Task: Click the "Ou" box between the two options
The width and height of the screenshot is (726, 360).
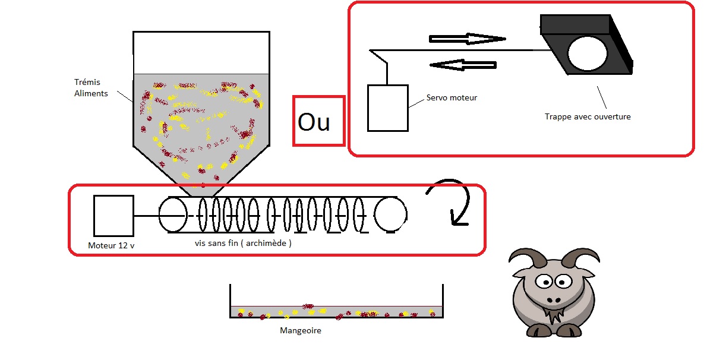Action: pyautogui.click(x=318, y=121)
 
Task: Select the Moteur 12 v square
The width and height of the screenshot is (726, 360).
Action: pyautogui.click(x=113, y=215)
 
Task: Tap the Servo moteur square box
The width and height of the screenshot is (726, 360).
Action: pyautogui.click(x=387, y=108)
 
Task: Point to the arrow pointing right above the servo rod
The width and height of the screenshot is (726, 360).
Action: pyautogui.click(x=466, y=39)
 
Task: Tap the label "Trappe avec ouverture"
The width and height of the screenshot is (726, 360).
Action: pyautogui.click(x=588, y=117)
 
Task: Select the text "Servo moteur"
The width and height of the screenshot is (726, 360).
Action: pyautogui.click(x=452, y=97)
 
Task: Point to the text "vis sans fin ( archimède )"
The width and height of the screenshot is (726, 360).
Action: pyautogui.click(x=243, y=244)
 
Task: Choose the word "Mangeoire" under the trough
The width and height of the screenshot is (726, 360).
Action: pyautogui.click(x=300, y=330)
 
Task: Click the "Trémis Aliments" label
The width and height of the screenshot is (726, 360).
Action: pyautogui.click(x=91, y=88)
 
